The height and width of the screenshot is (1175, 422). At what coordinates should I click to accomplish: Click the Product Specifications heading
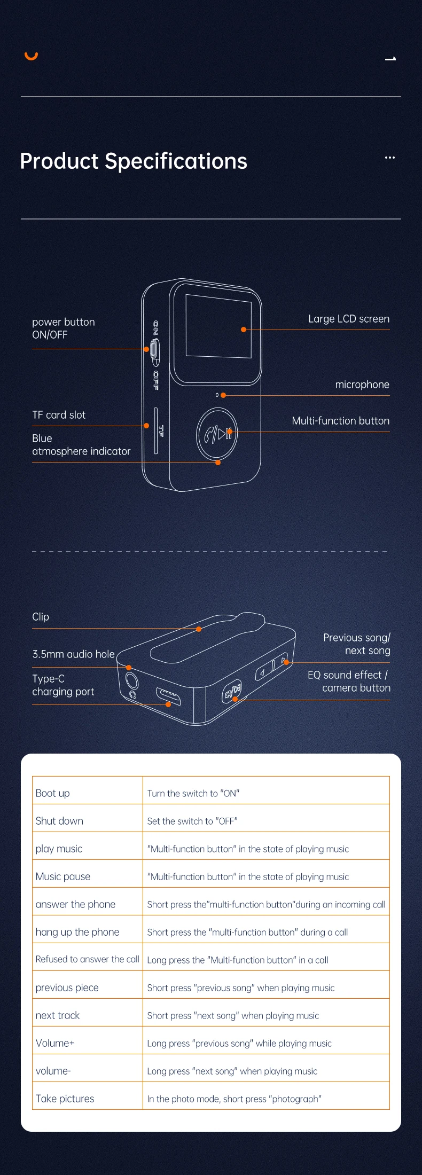[134, 161]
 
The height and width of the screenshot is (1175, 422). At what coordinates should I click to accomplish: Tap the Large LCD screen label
[348, 319]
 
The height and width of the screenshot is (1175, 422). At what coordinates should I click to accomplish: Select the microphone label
[362, 385]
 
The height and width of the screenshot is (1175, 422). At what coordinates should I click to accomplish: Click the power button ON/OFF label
[63, 328]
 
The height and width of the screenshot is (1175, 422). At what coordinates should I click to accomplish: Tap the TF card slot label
[59, 415]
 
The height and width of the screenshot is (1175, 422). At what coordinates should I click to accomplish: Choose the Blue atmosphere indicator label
[81, 445]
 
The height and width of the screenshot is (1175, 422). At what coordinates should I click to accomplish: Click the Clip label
[41, 617]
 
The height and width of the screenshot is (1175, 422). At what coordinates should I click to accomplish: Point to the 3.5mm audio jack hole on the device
[131, 681]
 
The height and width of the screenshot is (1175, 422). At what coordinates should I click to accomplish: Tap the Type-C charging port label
[63, 685]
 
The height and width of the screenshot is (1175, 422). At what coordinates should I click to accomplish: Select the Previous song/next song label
[356, 644]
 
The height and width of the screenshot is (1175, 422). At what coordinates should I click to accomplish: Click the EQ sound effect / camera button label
[349, 681]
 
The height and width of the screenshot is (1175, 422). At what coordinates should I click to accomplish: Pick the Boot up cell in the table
[53, 793]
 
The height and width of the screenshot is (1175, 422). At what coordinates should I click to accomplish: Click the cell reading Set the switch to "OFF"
[192, 821]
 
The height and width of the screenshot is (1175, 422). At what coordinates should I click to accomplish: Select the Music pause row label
[63, 876]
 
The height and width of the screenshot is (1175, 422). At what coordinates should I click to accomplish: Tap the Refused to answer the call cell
[87, 959]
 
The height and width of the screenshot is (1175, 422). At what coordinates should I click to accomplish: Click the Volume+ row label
[55, 1043]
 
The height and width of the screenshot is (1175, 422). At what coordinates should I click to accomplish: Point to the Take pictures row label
[65, 1099]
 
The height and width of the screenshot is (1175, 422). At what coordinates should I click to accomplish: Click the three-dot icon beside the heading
[390, 158]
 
